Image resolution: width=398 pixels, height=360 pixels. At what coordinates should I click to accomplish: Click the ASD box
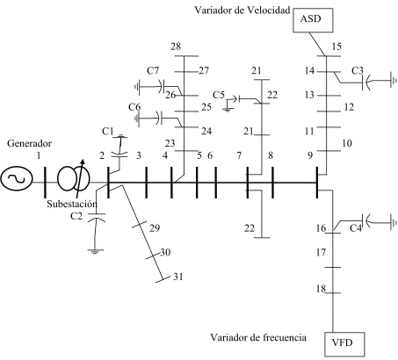313,20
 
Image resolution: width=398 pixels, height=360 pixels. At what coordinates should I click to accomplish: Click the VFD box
344,343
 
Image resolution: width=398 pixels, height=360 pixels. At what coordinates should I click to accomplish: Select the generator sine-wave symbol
17,179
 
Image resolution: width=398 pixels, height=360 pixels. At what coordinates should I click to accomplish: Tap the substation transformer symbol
74,178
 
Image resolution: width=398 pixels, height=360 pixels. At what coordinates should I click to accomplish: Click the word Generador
29,143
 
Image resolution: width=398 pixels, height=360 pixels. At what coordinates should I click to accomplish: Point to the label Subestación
72,204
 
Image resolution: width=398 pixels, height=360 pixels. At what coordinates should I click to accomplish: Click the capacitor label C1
107,132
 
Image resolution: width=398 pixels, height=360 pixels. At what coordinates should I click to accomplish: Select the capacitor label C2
76,216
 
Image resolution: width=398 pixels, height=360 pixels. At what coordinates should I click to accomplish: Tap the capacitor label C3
358,70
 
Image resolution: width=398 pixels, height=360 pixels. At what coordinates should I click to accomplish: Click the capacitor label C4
356,228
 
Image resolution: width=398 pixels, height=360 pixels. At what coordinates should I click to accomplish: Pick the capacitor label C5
219,95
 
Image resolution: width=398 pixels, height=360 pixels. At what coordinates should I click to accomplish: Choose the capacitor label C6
134,107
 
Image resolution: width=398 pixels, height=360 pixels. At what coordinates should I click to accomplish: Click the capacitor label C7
153,70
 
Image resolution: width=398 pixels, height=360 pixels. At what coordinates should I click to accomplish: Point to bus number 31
178,277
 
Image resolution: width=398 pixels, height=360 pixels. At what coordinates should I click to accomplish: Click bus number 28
176,47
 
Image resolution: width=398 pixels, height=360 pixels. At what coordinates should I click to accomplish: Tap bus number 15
336,47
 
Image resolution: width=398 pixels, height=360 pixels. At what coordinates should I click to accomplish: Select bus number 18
321,289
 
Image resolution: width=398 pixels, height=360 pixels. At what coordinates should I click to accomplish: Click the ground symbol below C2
95,251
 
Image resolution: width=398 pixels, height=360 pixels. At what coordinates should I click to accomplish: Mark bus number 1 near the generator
39,155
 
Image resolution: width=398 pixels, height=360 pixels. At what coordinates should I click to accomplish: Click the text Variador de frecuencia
258,337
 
